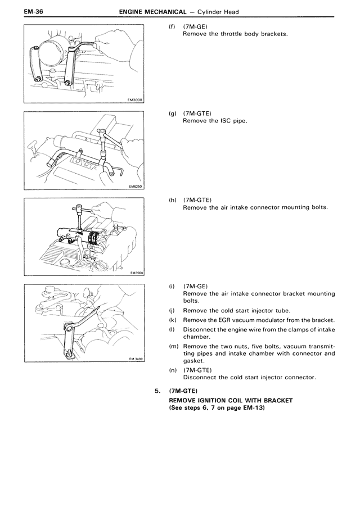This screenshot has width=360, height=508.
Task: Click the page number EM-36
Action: [33, 12]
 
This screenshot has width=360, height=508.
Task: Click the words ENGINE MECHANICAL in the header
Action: [153, 12]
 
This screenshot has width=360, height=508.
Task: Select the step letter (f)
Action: [172, 26]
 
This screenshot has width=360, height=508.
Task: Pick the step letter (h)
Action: [173, 200]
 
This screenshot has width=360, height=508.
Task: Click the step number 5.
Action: [157, 391]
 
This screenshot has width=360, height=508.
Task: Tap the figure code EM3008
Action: [136, 100]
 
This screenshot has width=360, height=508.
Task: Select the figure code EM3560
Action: [136, 273]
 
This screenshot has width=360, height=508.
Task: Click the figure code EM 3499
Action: [136, 359]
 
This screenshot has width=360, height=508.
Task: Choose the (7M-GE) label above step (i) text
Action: [196, 287]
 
